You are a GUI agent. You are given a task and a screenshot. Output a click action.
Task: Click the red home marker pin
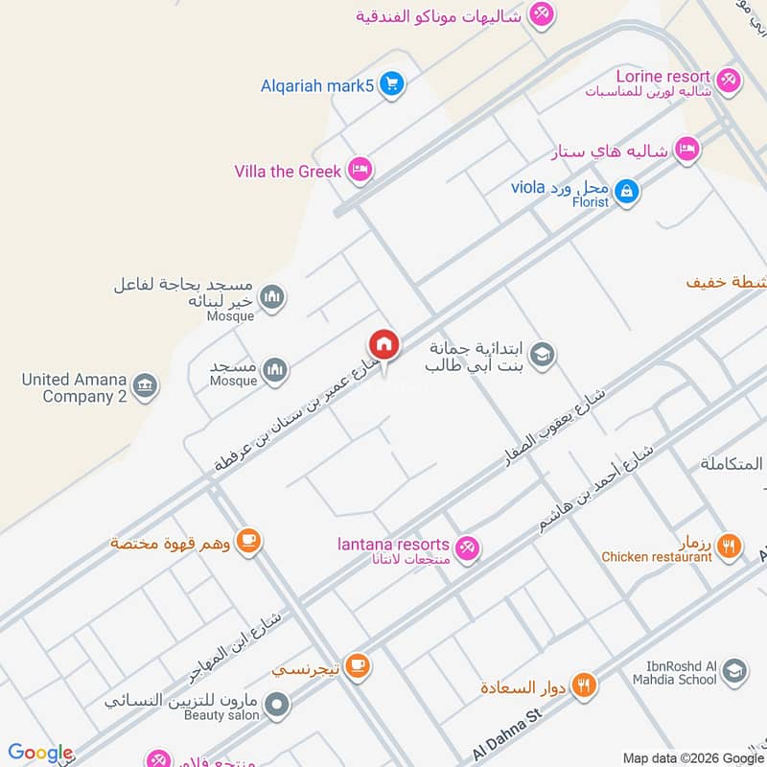tap(383, 344)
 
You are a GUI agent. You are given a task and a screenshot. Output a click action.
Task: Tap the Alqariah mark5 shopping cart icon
tap(390, 85)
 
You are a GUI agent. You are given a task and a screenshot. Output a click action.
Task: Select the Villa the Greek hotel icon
tap(360, 170)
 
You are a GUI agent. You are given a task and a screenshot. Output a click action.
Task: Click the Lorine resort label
tap(662, 76)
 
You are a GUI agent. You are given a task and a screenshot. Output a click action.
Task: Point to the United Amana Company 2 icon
tap(146, 386)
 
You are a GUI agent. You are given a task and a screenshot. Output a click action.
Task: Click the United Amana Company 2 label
tap(75, 387)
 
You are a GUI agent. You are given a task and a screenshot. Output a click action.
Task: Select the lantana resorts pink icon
tap(467, 547)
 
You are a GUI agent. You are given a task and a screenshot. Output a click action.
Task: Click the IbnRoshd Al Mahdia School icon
tap(734, 671)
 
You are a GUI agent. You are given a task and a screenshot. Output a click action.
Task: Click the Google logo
tap(40, 753)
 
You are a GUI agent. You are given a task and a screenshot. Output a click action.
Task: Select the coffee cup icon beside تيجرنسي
tap(357, 664)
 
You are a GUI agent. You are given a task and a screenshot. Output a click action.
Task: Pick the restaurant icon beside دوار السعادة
tap(584, 686)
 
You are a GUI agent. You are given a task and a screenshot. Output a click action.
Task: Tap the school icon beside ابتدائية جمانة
tap(542, 356)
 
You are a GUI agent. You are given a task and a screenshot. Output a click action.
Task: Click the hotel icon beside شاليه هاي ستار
tap(686, 149)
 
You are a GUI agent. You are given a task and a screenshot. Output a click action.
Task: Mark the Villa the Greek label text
tap(288, 172)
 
